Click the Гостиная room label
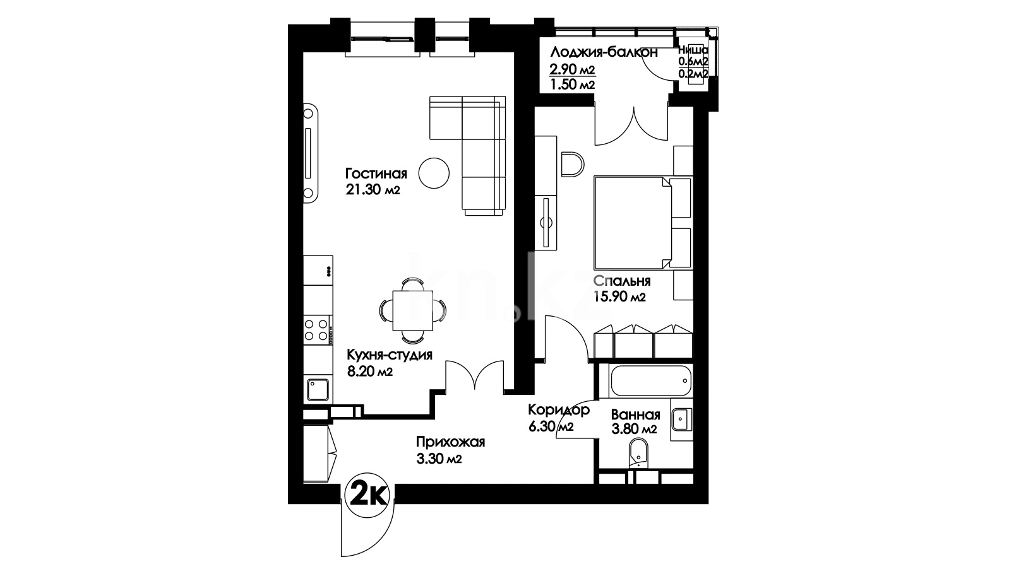[x=376, y=174]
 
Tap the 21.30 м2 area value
[x=373, y=190]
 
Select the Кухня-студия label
[x=390, y=355]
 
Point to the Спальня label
[x=622, y=281]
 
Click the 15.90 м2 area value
[x=619, y=297]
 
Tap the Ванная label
[x=635, y=414]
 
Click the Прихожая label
[x=450, y=442]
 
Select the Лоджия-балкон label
[x=604, y=53]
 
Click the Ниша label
[x=693, y=50]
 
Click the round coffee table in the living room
[x=434, y=173]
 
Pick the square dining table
[x=412, y=311]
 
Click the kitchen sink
[x=318, y=390]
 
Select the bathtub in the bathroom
[x=650, y=381]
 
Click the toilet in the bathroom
[x=638, y=453]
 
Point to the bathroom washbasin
[x=681, y=419]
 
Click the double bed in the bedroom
[x=643, y=223]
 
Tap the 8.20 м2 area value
[x=370, y=372]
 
